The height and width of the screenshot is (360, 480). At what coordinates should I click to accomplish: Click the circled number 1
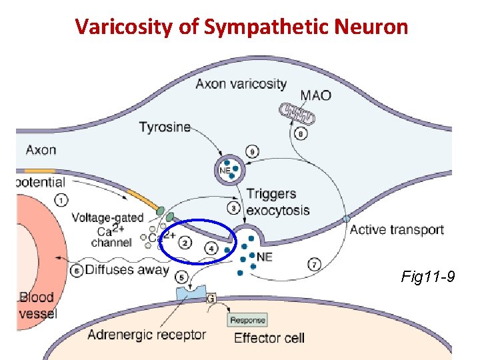tap(61, 199)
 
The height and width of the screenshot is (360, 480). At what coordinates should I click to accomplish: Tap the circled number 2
tap(186, 243)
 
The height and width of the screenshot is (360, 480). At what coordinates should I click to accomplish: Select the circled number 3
tap(234, 208)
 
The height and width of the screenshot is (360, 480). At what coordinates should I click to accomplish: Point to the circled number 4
tap(212, 248)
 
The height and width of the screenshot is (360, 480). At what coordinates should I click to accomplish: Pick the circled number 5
tap(181, 277)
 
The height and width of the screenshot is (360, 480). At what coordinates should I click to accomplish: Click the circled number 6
tap(77, 271)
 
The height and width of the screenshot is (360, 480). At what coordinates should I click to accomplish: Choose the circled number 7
tap(315, 264)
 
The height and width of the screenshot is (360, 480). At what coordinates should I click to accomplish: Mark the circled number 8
tap(301, 135)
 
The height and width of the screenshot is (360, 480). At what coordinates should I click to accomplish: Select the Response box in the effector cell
tap(248, 320)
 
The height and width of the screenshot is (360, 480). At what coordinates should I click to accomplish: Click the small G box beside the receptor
tap(211, 298)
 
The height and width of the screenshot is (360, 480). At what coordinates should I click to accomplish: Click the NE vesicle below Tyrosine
tap(227, 169)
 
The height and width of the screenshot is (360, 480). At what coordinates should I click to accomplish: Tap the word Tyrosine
tap(165, 127)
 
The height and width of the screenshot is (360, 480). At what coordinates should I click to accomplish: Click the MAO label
tap(316, 95)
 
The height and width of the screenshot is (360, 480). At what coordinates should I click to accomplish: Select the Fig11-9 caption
tap(428, 275)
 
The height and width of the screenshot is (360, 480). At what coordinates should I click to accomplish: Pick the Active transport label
tap(397, 230)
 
